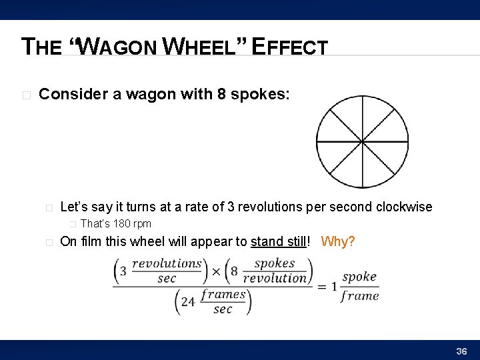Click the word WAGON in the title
(123, 47)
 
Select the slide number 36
(461, 351)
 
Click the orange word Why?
(338, 241)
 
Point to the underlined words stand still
(279, 241)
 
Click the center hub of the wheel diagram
(361, 142)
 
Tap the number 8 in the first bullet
(221, 94)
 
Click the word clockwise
(404, 207)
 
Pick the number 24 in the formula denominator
(188, 301)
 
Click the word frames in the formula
(223, 294)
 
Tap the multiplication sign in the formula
(216, 271)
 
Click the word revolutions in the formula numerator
(167, 263)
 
